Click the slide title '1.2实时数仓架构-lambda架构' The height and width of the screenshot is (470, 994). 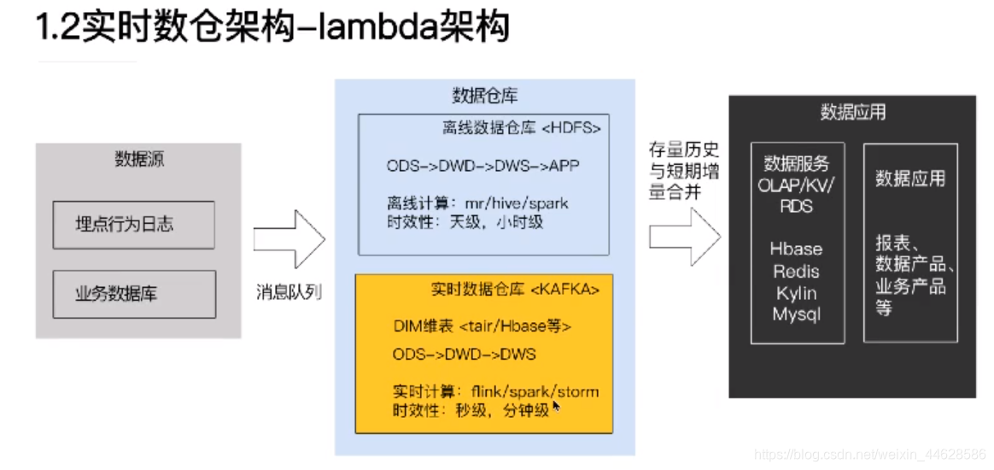(272, 27)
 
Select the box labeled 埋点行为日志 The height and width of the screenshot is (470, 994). (133, 225)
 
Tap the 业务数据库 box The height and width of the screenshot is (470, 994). (133, 295)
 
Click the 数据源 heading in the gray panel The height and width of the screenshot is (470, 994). (138, 159)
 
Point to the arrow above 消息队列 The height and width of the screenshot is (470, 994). (289, 239)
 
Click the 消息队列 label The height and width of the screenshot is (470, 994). (289, 292)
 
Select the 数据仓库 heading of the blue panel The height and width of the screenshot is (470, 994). (484, 96)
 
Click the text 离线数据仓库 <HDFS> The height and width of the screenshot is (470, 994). (521, 128)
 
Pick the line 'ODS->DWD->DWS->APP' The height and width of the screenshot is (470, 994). (482, 166)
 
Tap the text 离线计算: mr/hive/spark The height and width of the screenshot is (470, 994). (477, 203)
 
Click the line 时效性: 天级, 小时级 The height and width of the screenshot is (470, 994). (465, 222)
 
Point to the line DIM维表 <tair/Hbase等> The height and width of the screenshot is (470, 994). (482, 326)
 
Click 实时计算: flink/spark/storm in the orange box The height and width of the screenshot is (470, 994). (495, 392)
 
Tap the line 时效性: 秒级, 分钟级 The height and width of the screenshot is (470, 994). (471, 410)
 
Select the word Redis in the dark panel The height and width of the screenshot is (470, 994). (796, 272)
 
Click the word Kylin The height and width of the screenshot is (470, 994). (796, 293)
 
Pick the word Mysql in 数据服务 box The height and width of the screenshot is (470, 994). (796, 314)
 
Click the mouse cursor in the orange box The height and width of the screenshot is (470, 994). (556, 407)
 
